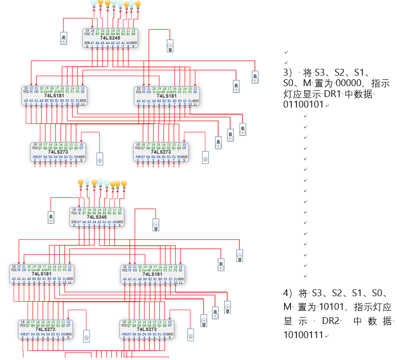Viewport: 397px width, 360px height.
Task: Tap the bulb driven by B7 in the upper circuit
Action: [94, 3]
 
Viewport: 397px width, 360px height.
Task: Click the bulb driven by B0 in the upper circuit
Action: [137, 5]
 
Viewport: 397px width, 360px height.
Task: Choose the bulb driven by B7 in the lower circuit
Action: [81, 183]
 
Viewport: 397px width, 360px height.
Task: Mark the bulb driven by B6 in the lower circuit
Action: [87, 182]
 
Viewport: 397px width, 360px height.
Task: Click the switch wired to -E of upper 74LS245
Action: [64, 38]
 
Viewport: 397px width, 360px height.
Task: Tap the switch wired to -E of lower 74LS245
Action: [51, 217]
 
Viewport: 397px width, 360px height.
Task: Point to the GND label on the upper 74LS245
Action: [133, 42]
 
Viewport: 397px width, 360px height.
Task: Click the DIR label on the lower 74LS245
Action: [74, 222]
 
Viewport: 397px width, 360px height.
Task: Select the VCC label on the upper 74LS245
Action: [87, 34]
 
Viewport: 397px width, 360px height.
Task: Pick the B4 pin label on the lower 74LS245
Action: [100, 213]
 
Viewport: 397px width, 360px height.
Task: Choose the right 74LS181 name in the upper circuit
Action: [167, 96]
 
